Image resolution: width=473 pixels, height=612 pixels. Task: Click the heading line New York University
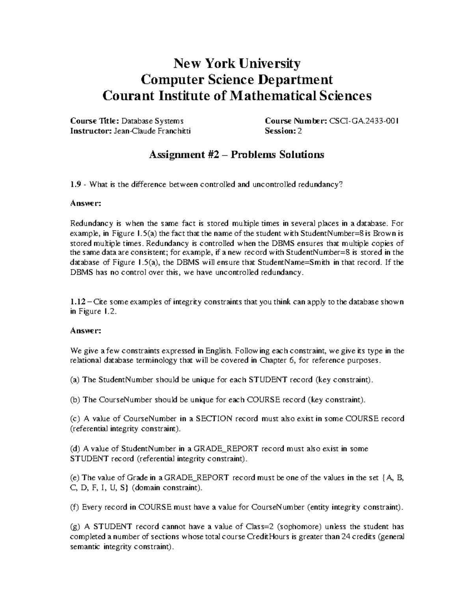point(237,63)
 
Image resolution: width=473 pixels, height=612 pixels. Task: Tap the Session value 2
point(300,131)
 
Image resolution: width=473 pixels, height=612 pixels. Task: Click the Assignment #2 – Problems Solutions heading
point(236,154)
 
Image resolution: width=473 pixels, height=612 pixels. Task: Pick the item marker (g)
point(75,527)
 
